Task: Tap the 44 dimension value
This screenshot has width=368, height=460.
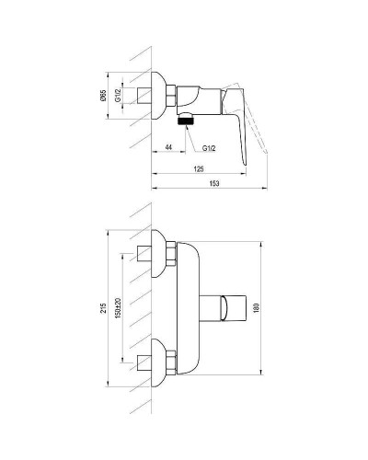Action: (x=168, y=146)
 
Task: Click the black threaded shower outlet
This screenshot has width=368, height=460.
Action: (x=186, y=118)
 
